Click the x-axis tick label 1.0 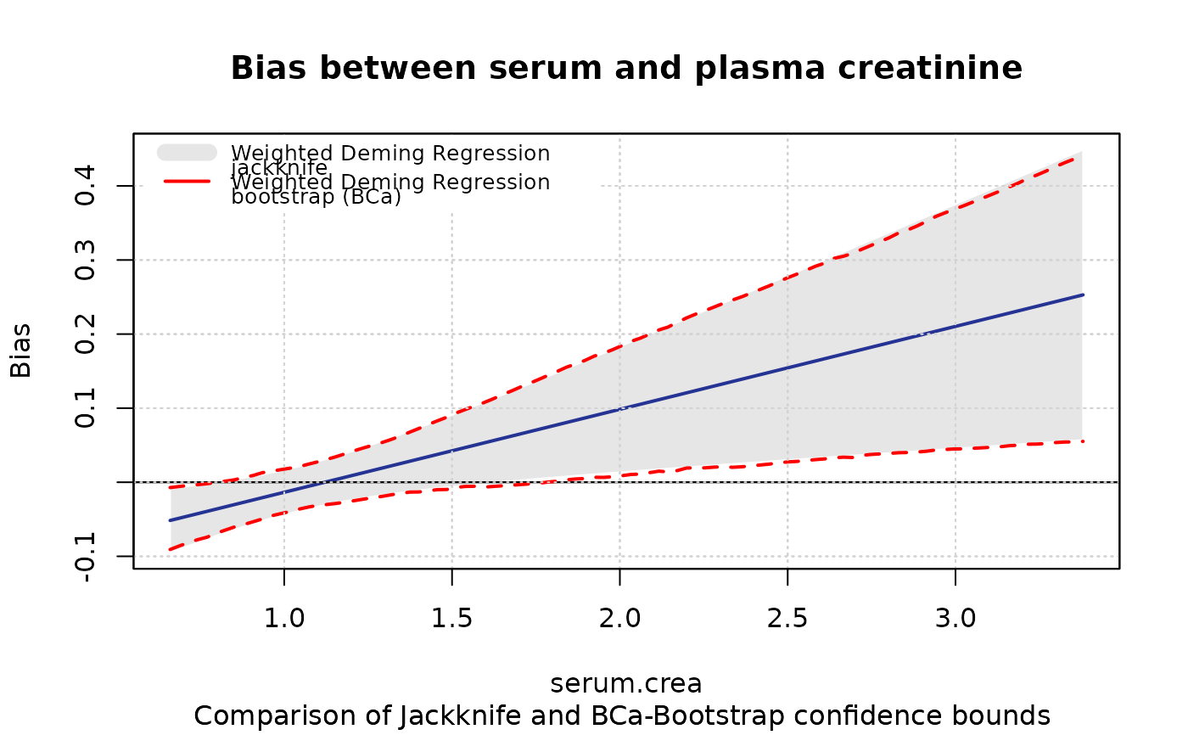click(x=283, y=618)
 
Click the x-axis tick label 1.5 click(x=451, y=618)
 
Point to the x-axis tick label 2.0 click(x=619, y=618)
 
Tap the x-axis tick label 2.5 click(x=787, y=618)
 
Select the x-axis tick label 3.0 click(x=955, y=618)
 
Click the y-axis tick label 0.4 click(x=86, y=186)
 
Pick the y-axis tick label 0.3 click(x=86, y=260)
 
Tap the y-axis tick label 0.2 click(x=86, y=334)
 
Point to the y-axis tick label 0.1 click(x=86, y=408)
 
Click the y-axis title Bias click(x=20, y=350)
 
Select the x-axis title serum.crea click(x=626, y=684)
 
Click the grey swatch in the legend click(x=187, y=152)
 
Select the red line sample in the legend click(x=187, y=181)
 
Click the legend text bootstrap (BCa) click(x=316, y=198)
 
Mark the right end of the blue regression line click(x=1083, y=295)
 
